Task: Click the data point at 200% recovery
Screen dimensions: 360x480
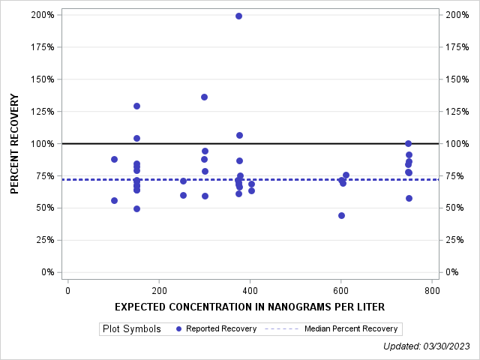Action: click(238, 16)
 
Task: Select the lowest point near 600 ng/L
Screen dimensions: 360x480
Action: click(341, 215)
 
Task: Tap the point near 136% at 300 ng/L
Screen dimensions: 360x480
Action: click(204, 97)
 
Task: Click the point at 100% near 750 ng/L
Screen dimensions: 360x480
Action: click(408, 143)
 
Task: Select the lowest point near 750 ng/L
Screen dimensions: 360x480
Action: click(409, 198)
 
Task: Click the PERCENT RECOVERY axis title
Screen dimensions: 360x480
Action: click(14, 144)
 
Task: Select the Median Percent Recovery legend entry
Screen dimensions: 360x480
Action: click(352, 328)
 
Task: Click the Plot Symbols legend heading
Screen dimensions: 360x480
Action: click(131, 328)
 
